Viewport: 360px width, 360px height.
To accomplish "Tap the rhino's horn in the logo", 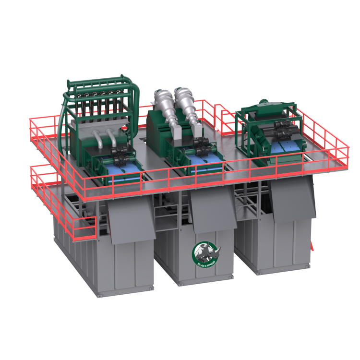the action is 218,249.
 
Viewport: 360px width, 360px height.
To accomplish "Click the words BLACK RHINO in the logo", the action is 206,263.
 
